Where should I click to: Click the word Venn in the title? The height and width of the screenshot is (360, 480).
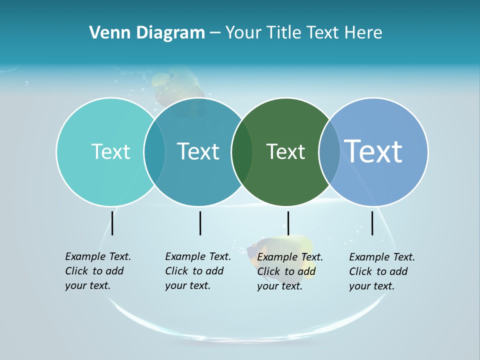point(106,33)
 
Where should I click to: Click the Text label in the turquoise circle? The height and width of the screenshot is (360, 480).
point(110,151)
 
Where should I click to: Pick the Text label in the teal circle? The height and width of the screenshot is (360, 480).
point(198,151)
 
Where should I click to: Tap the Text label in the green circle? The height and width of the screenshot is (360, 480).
point(285,151)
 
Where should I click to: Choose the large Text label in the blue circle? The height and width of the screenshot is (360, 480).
point(373,151)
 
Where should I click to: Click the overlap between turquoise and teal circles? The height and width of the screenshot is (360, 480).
point(154,151)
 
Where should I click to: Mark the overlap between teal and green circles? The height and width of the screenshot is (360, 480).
point(242,151)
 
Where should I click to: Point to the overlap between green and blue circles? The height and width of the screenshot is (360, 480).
point(329,151)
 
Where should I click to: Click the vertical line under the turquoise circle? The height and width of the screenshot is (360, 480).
point(112,223)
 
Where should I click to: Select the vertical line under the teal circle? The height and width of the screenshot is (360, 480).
point(200,223)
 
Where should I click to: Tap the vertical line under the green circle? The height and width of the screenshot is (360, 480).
point(288,223)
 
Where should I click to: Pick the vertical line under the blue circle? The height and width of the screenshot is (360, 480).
point(372,223)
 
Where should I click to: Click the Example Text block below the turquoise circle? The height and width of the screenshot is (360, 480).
point(97,271)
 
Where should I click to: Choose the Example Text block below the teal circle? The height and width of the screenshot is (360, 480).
point(197,271)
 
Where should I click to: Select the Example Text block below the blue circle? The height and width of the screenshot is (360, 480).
point(381,271)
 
